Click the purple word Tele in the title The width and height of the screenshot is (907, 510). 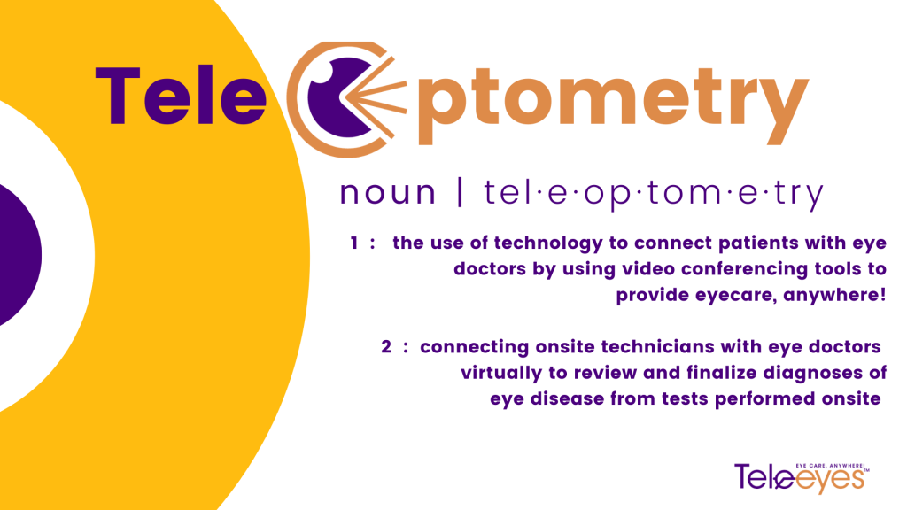pyautogui.click(x=181, y=96)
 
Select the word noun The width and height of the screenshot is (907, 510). pyautogui.click(x=388, y=192)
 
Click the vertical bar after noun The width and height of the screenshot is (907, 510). pyautogui.click(x=460, y=192)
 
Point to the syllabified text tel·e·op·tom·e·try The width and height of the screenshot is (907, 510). pyautogui.click(x=654, y=194)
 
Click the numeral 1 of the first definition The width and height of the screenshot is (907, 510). pyautogui.click(x=354, y=243)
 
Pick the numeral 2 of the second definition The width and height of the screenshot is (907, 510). pyautogui.click(x=386, y=346)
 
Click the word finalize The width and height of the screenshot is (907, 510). pyautogui.click(x=721, y=373)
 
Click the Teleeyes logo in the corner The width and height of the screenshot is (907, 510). pyautogui.click(x=801, y=477)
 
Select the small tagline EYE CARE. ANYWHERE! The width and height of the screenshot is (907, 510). pyautogui.click(x=830, y=466)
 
